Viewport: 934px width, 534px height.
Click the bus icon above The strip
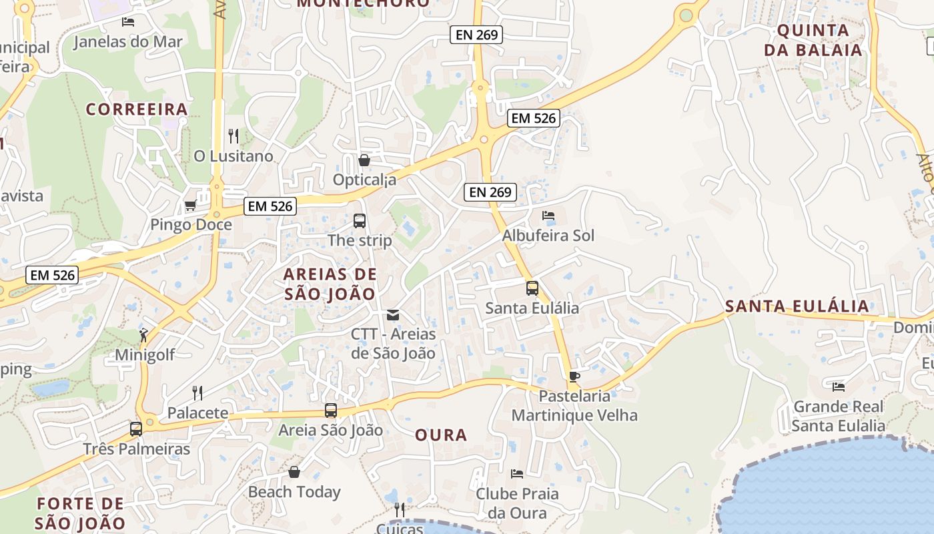tap(359, 220)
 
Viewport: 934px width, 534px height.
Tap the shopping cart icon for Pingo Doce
tap(191, 206)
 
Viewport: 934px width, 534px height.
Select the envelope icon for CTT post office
tap(393, 315)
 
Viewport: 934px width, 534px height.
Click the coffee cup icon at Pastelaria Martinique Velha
tap(574, 376)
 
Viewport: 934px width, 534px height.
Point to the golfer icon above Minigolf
tap(143, 335)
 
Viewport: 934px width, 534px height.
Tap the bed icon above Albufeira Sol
tap(548, 216)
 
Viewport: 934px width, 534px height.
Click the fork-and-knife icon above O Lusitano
tap(233, 136)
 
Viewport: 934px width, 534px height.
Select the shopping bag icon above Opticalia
tap(364, 160)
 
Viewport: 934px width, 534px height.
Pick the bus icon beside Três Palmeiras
tap(136, 429)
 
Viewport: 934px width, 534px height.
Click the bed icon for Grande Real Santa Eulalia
tap(839, 386)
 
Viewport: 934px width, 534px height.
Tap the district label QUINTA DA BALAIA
tap(813, 40)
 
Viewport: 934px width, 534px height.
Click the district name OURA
tap(441, 435)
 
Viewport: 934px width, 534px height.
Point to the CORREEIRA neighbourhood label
tap(137, 109)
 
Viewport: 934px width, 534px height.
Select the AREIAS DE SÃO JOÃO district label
tap(330, 284)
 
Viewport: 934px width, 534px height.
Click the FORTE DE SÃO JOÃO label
tap(80, 513)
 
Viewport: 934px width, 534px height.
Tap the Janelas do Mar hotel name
tap(127, 42)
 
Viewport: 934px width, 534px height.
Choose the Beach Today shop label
tap(294, 492)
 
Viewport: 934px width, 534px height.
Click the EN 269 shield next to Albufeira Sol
tap(490, 192)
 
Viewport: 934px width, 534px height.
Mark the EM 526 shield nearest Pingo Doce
tap(270, 206)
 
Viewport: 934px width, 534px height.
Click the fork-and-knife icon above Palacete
tap(197, 392)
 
